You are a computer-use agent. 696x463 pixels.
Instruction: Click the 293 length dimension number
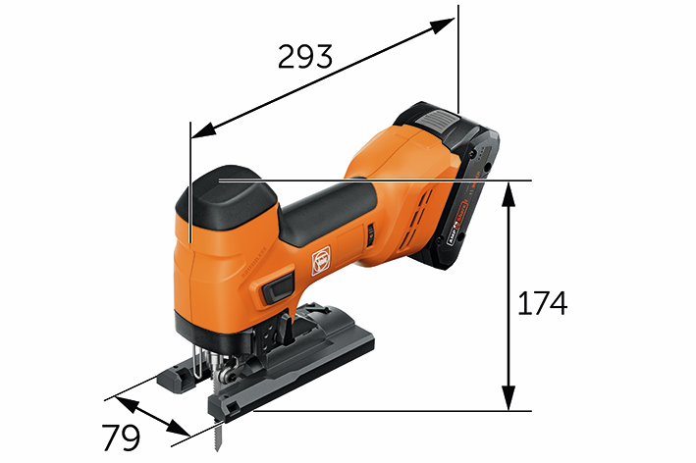[x=304, y=57]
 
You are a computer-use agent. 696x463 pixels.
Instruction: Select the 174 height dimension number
[x=542, y=303]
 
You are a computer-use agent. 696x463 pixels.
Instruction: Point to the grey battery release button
[x=437, y=124]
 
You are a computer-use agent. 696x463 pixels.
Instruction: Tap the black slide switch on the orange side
[x=278, y=288]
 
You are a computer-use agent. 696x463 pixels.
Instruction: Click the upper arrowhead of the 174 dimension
[x=509, y=189]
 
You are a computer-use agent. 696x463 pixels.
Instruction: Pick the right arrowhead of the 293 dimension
[x=451, y=24]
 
